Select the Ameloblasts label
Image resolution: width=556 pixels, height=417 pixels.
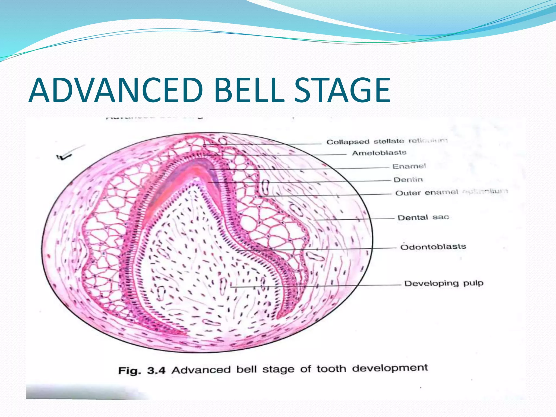[x=379, y=153]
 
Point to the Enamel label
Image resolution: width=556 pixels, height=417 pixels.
[x=409, y=166]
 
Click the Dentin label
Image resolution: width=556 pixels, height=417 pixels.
[x=408, y=180]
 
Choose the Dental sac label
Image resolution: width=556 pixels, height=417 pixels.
[x=423, y=217]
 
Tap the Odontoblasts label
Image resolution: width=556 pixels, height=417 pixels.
[x=433, y=247]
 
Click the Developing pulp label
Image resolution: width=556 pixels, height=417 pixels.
[x=444, y=283]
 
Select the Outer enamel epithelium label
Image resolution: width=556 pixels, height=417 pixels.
[x=451, y=192]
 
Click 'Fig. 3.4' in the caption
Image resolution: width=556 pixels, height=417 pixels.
[x=141, y=371]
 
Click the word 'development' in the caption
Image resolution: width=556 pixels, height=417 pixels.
[x=390, y=368]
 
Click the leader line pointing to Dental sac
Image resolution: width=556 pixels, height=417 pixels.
[x=353, y=219]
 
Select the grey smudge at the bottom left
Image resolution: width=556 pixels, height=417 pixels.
[x=81, y=392]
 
